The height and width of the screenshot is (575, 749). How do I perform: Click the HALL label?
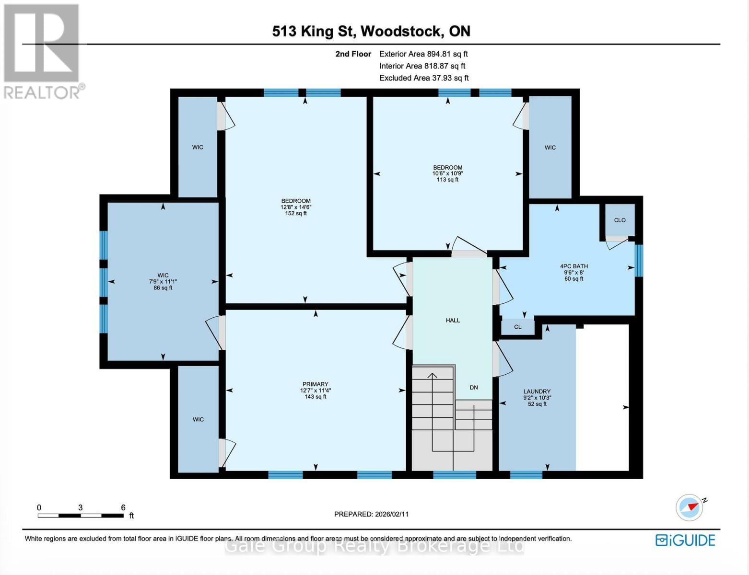pyautogui.click(x=453, y=321)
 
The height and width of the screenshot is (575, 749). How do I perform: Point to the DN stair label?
pyautogui.click(x=474, y=388)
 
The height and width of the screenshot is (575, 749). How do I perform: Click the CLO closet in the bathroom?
pyautogui.click(x=620, y=220)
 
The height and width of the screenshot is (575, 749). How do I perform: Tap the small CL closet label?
pyautogui.click(x=517, y=327)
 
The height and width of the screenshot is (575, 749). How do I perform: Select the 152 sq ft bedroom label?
pyautogui.click(x=296, y=207)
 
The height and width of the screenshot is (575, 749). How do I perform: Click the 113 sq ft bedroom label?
pyautogui.click(x=447, y=173)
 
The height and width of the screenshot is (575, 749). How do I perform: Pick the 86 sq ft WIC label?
pyautogui.click(x=163, y=282)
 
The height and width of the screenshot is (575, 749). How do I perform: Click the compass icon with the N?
pyautogui.click(x=690, y=507)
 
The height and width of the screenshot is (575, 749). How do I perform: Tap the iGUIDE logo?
pyautogui.click(x=685, y=540)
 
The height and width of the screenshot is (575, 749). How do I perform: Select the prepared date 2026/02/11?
pyautogui.click(x=371, y=514)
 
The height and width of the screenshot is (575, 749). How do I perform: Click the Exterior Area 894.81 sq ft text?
pyautogui.click(x=423, y=54)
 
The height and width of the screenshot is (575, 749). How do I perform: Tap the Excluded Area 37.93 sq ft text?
pyautogui.click(x=423, y=78)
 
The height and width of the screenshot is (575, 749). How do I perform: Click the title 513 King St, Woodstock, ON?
pyautogui.click(x=371, y=31)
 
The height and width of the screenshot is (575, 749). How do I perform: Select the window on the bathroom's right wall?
pyautogui.click(x=638, y=261)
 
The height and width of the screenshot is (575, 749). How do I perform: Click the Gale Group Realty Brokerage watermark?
pyautogui.click(x=374, y=546)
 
